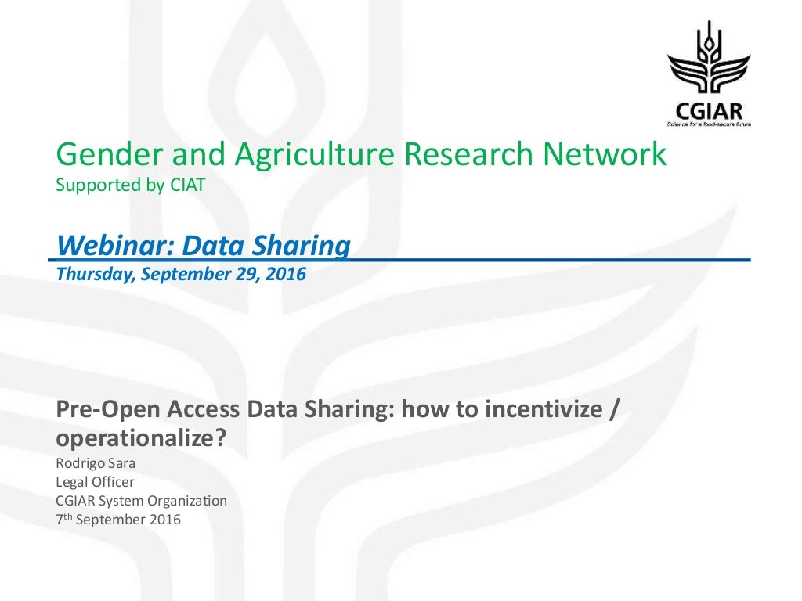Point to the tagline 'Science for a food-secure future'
[x=708, y=124]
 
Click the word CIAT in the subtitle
[x=188, y=186]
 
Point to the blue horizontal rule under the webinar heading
[x=548, y=259]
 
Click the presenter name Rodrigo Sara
[x=96, y=462]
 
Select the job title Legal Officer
[x=95, y=481]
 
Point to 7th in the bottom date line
[x=63, y=519]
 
